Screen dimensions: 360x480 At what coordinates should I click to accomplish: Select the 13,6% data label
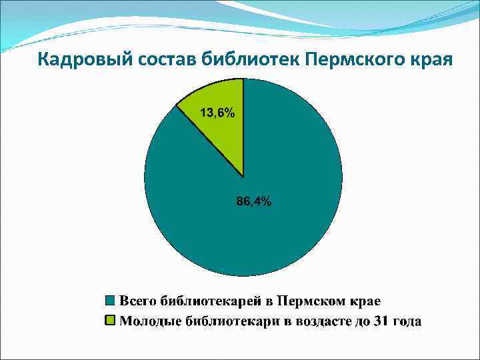[x=217, y=113]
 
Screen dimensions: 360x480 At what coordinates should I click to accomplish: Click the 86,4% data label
[x=254, y=202]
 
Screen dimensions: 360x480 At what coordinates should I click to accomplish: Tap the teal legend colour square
[x=111, y=299]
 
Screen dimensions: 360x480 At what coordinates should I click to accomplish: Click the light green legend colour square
[x=111, y=321]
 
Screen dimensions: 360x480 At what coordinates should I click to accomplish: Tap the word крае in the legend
[x=363, y=299]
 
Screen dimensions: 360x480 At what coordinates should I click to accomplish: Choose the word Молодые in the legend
[x=146, y=321]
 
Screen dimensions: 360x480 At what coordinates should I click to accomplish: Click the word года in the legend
[x=407, y=321]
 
